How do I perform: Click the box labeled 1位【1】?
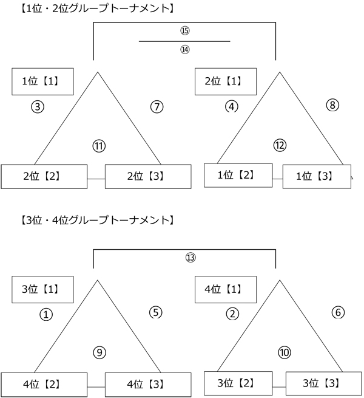(x=43, y=81)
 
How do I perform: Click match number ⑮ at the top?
(x=185, y=30)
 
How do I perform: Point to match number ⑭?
(x=185, y=50)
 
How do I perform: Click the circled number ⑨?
(x=99, y=352)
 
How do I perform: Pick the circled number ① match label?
(x=45, y=314)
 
